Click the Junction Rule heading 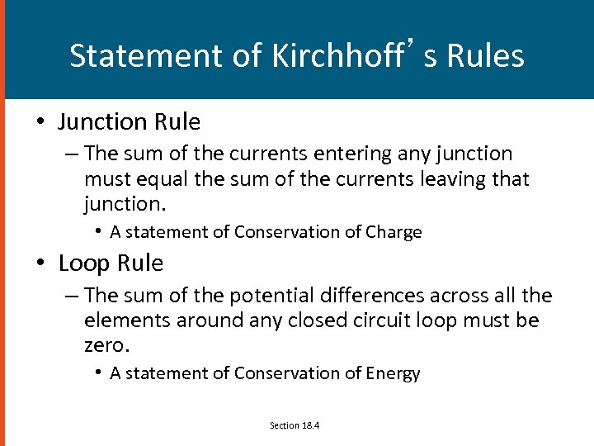[129, 122]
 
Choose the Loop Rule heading [111, 263]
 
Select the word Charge [393, 232]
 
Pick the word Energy [392, 373]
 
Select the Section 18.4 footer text [295, 425]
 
